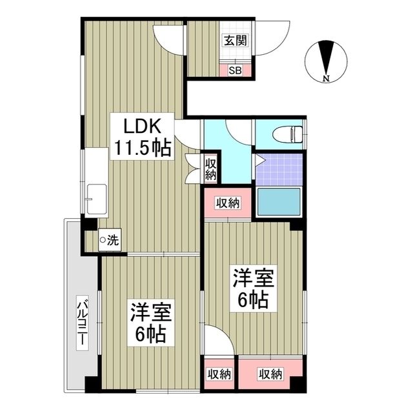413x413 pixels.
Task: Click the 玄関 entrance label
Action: [x=235, y=41]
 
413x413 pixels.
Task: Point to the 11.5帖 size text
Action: [x=143, y=148]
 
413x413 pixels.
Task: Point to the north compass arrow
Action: [x=327, y=59]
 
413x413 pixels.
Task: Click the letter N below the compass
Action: [x=327, y=79]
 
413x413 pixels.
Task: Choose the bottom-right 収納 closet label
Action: [x=270, y=374]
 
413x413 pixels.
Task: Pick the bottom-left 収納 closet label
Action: [x=220, y=374]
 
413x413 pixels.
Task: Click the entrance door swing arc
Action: [x=277, y=35]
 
